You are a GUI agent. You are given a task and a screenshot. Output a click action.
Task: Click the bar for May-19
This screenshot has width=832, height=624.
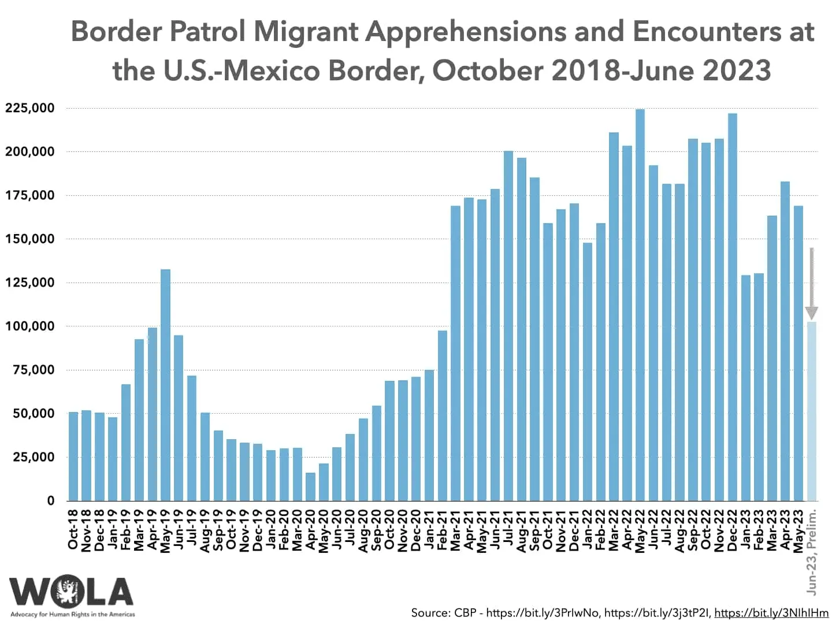click(165, 385)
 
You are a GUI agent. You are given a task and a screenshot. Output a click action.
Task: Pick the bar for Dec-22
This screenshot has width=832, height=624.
click(732, 307)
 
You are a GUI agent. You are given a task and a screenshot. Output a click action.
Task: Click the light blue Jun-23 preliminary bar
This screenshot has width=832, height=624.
click(812, 411)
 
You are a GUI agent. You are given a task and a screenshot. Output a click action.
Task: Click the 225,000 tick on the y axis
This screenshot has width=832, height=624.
click(30, 108)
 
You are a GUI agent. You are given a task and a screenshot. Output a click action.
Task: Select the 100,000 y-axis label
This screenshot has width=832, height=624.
click(30, 326)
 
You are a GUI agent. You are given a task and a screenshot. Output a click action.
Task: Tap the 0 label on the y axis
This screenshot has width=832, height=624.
click(51, 501)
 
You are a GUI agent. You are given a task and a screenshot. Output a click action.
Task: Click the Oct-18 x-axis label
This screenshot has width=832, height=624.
click(73, 529)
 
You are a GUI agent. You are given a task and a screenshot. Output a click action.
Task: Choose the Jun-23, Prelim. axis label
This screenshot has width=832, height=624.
click(812, 552)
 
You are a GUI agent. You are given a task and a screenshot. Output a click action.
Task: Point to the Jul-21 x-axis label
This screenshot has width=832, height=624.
click(508, 528)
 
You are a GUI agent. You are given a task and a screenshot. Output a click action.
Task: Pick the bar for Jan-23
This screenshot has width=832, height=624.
click(745, 388)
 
